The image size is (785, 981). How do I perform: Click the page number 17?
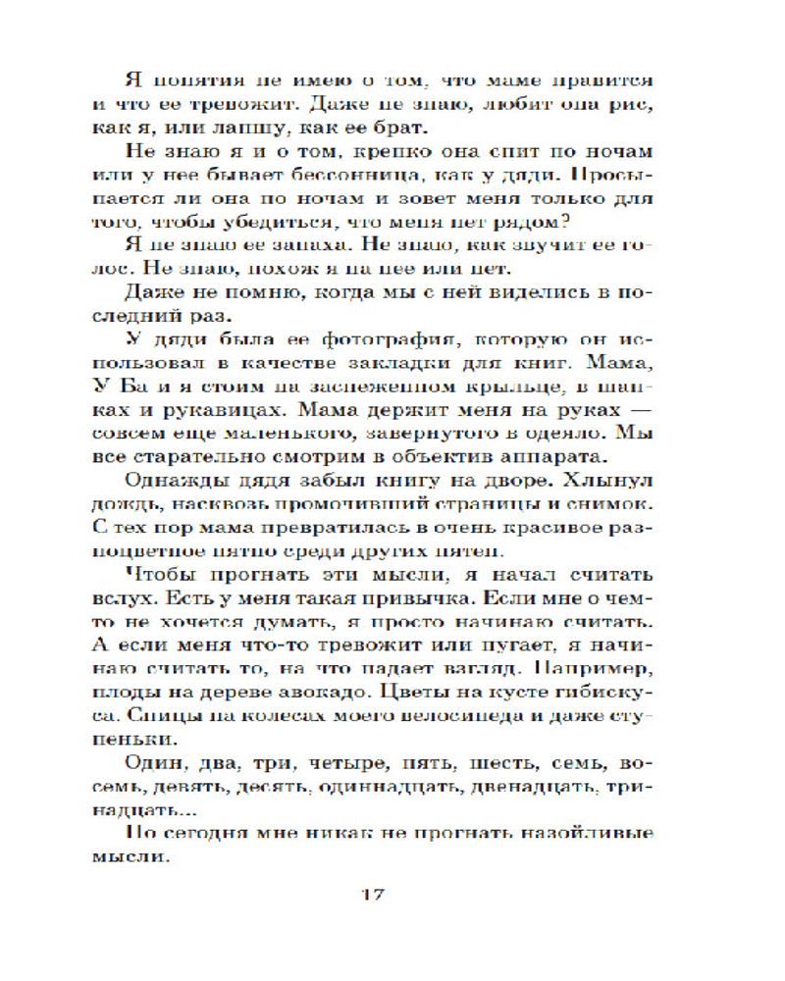click(375, 894)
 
